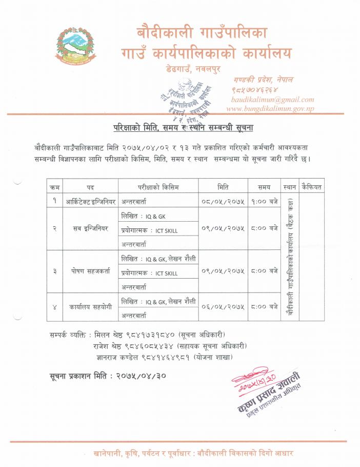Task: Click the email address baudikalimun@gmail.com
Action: pyautogui.click(x=272, y=100)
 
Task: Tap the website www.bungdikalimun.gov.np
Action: pyautogui.click(x=270, y=109)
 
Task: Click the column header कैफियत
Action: pyautogui.click(x=312, y=187)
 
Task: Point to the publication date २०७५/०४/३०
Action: pyautogui.click(x=140, y=376)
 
